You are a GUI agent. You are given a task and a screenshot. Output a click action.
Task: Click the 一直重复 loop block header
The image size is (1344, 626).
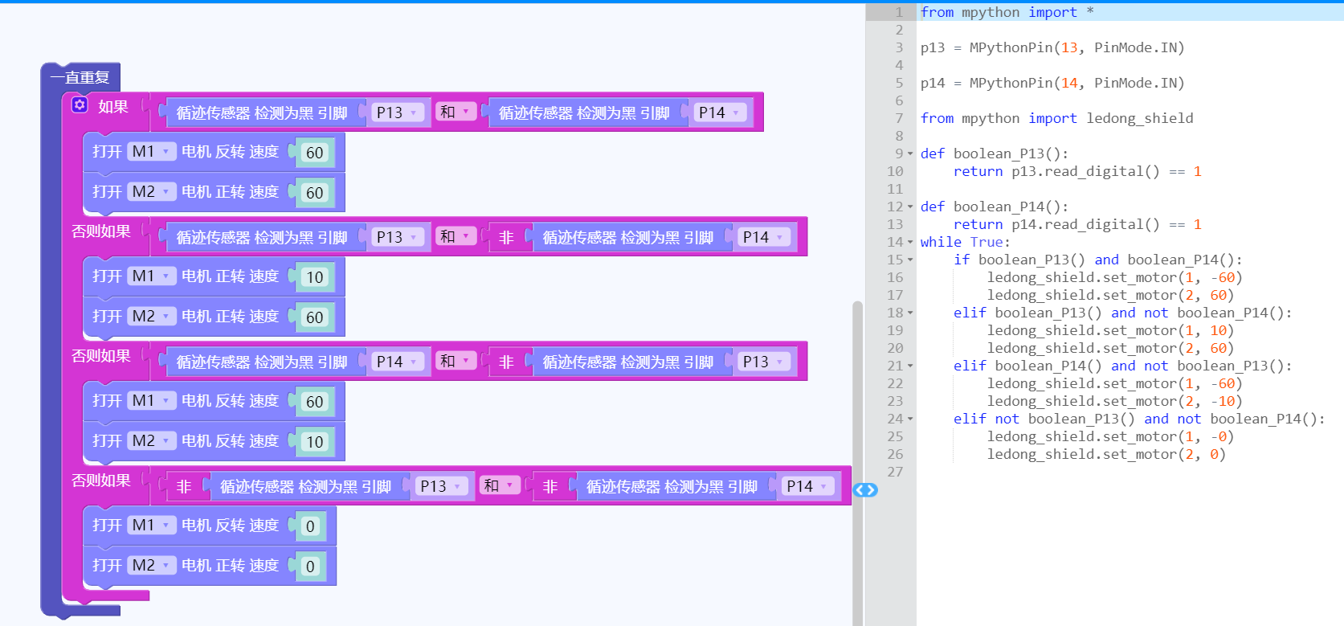80,77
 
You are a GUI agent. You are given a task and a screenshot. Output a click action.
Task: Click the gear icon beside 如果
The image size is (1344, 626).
80,105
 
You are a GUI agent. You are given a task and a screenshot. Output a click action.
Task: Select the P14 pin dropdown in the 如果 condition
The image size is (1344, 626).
719,113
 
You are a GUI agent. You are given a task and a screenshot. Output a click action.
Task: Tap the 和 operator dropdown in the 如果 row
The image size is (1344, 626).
454,112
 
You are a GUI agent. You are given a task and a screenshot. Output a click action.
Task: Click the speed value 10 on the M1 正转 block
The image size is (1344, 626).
315,276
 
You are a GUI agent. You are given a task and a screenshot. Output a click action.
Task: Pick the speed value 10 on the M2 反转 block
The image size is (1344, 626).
315,442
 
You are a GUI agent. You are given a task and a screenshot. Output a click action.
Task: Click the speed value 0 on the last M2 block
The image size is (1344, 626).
310,566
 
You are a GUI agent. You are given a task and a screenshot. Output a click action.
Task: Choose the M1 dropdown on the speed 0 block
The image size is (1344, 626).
150,526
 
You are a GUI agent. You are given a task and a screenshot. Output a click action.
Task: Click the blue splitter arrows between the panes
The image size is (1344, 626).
865,489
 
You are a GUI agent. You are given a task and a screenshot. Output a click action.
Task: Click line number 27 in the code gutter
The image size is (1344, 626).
895,472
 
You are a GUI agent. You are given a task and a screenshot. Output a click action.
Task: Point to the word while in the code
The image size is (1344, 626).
941,242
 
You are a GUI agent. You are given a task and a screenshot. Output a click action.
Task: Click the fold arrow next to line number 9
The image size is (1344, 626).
910,153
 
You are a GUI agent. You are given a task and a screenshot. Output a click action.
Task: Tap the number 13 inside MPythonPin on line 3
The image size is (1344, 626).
1069,47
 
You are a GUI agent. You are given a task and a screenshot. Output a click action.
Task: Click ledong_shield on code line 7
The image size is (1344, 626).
1139,118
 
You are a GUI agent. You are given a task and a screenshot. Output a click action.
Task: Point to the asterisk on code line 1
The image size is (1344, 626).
1089,11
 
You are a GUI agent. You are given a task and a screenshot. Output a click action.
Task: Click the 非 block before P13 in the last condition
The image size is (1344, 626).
184,486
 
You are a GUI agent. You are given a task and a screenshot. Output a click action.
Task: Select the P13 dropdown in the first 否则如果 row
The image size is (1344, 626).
396,237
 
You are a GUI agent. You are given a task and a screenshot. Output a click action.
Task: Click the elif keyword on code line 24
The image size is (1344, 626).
970,419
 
